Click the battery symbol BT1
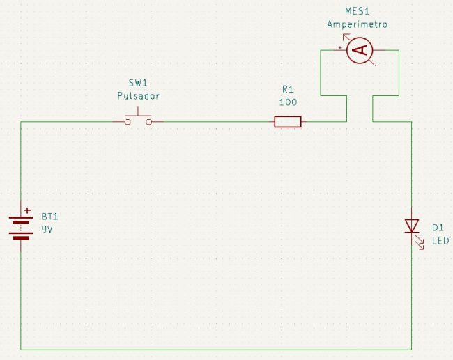click(22, 226)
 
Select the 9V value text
click(47, 229)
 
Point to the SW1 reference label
click(138, 84)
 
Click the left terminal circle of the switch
click(128, 122)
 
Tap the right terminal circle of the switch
click(149, 122)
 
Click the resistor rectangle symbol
click(288, 122)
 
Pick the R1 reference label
click(288, 89)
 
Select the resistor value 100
click(288, 102)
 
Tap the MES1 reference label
click(357, 12)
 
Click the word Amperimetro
click(357, 24)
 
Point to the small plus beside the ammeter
click(340, 48)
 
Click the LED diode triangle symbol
click(411, 226)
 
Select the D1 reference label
click(438, 228)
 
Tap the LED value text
click(440, 241)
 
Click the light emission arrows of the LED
click(421, 242)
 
